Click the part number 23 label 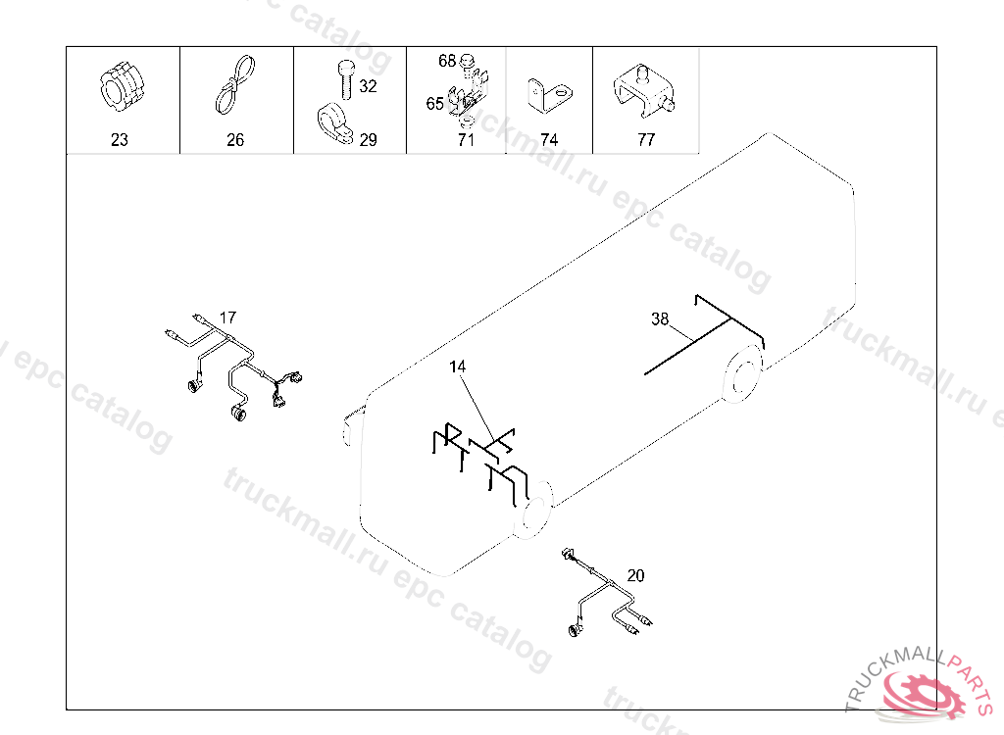pos(120,139)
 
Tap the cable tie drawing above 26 pos(235,85)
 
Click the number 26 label pos(235,139)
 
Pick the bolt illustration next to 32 pos(345,78)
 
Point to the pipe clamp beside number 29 pos(334,124)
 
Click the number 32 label pos(369,86)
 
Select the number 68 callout pos(447,61)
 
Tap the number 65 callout pos(434,104)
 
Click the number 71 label pos(466,139)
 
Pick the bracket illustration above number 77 pos(644,90)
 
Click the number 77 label pos(646,139)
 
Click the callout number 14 pos(457,367)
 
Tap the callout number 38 pos(660,318)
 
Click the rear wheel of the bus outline pos(743,374)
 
